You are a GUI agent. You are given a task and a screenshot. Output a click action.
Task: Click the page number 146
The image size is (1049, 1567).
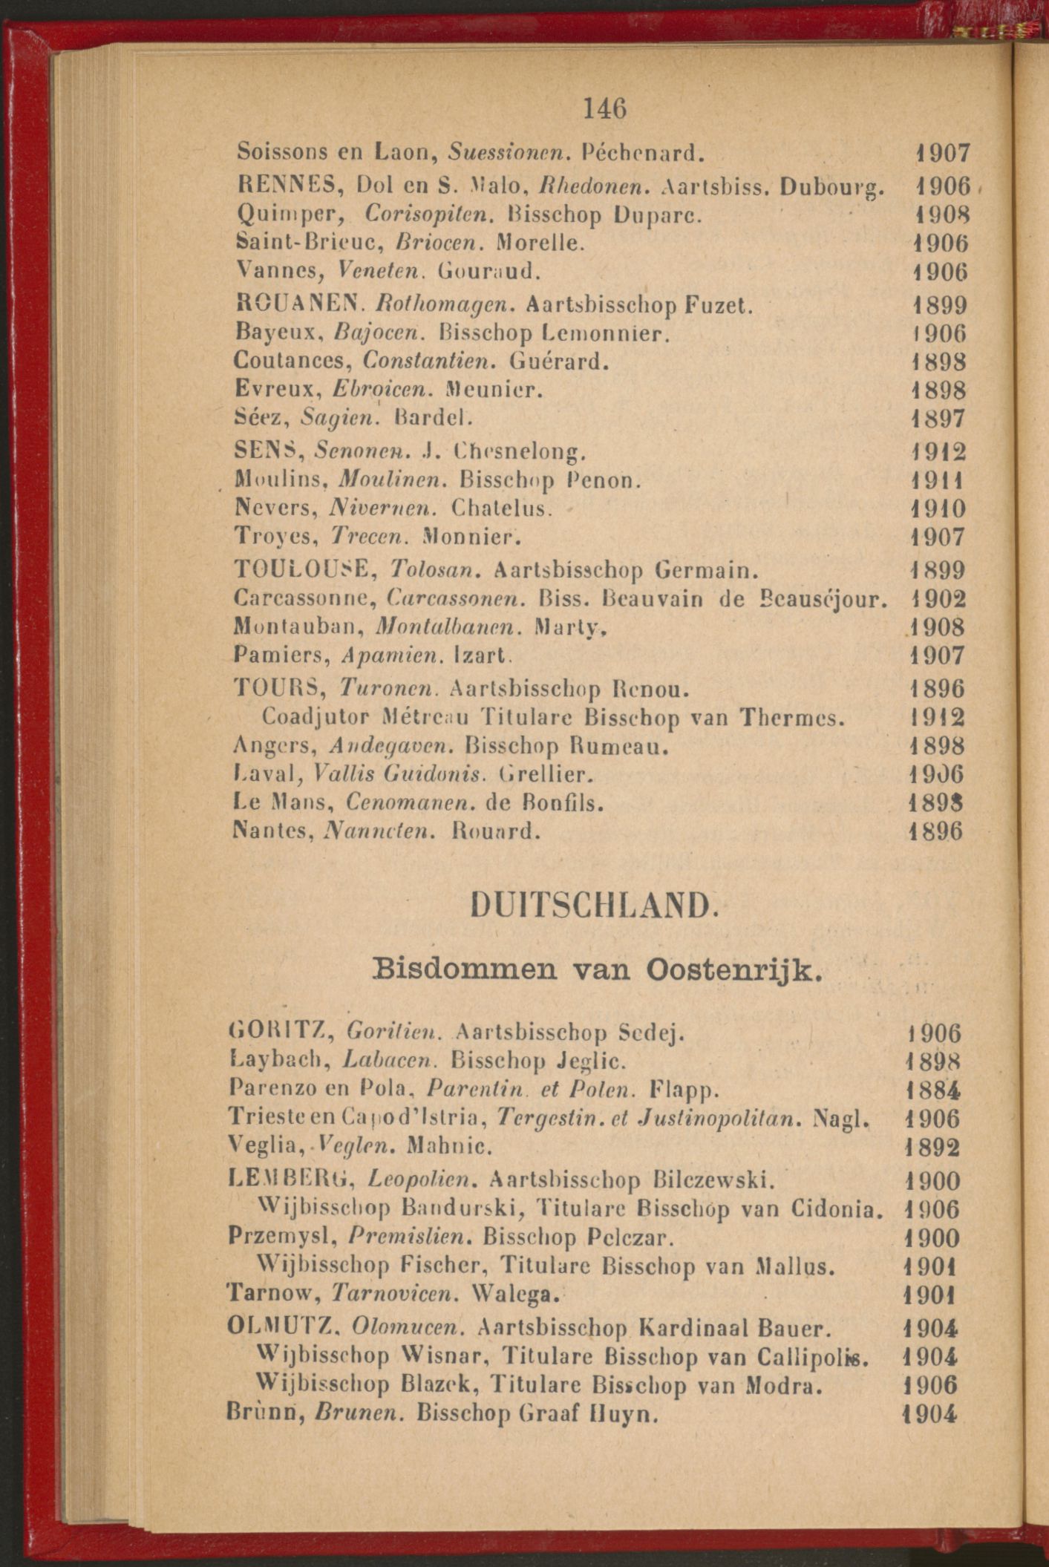(x=605, y=109)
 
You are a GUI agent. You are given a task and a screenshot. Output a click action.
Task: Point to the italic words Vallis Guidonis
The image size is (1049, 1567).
(x=400, y=774)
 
